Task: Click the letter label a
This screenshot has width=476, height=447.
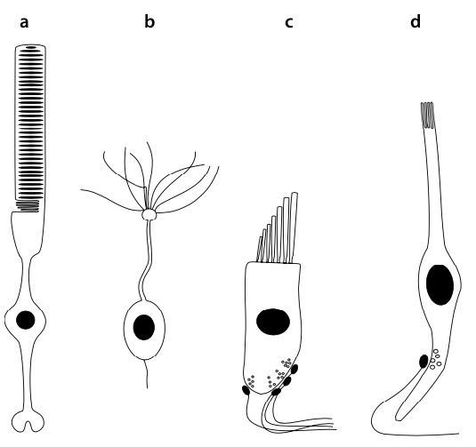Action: (x=24, y=23)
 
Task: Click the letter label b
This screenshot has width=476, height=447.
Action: (x=149, y=22)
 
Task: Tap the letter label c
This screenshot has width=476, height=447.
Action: (x=289, y=23)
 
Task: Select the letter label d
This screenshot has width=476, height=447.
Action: (x=415, y=22)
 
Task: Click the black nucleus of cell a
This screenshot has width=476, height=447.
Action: (x=26, y=320)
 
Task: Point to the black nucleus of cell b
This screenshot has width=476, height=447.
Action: (x=144, y=327)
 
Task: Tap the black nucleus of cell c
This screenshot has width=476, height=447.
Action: (x=273, y=322)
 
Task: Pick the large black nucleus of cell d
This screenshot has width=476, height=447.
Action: (x=440, y=284)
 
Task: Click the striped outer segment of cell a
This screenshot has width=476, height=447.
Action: (x=30, y=124)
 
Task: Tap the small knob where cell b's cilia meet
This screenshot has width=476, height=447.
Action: (x=149, y=215)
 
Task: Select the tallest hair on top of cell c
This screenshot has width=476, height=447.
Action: (x=294, y=227)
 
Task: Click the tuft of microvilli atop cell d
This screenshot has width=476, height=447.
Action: (x=427, y=116)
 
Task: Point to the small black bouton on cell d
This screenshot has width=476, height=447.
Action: (x=424, y=361)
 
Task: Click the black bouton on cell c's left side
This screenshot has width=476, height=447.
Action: (x=246, y=390)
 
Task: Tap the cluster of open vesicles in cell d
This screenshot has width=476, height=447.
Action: (x=436, y=359)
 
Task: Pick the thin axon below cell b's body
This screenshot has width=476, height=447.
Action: (x=147, y=374)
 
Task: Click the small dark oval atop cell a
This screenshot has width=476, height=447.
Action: (x=30, y=47)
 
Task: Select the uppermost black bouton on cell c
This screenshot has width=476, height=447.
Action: (x=294, y=369)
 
